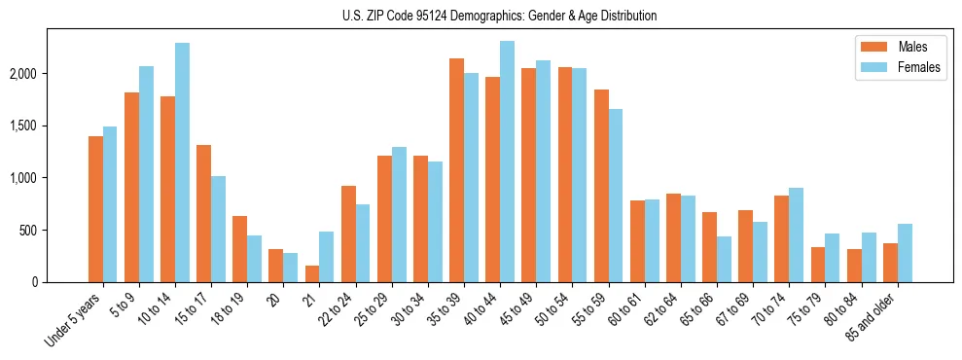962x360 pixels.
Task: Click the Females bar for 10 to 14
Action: point(182,162)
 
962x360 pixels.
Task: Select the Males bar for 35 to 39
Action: point(456,170)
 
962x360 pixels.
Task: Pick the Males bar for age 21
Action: point(312,274)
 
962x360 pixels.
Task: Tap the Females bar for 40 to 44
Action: point(507,162)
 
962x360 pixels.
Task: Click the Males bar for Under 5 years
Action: point(95,209)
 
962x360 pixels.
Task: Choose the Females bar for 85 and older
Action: point(905,253)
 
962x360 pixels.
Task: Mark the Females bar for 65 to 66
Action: point(724,259)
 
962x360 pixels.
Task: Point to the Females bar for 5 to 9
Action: point(146,174)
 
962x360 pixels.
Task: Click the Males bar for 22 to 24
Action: point(348,234)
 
